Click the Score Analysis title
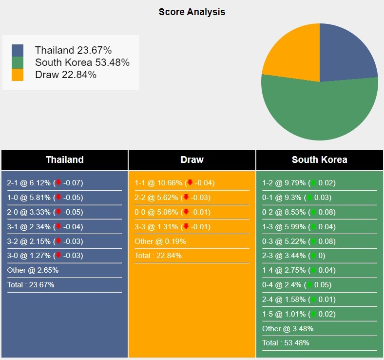pyautogui.click(x=192, y=12)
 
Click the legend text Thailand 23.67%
pyautogui.click(x=73, y=50)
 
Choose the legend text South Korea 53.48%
pyautogui.click(x=82, y=62)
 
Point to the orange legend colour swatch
pyautogui.click(x=18, y=75)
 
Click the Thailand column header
pyautogui.click(x=65, y=160)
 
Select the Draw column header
pyautogui.click(x=192, y=160)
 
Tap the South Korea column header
pyautogui.click(x=320, y=160)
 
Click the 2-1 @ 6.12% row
pyautogui.click(x=45, y=183)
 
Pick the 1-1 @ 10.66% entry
pyautogui.click(x=174, y=183)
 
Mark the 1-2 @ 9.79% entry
pyautogui.click(x=299, y=183)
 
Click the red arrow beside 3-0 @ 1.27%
pyautogui.click(x=58, y=255)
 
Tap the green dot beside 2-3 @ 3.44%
pyautogui.click(x=313, y=256)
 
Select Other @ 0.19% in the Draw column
pyautogui.click(x=160, y=241)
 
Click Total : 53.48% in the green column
pyautogui.click(x=286, y=343)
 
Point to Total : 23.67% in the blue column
pyautogui.click(x=31, y=285)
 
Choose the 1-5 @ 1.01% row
pyautogui.click(x=299, y=314)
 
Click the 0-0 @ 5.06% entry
pyautogui.click(x=173, y=212)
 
